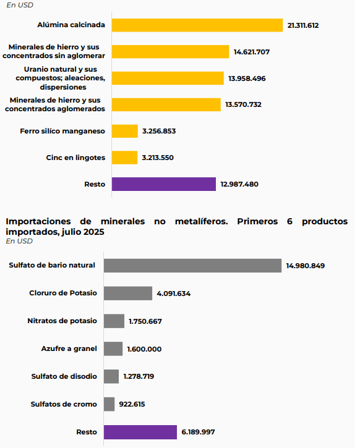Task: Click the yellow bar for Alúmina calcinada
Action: click(197, 25)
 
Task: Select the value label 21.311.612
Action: click(307, 25)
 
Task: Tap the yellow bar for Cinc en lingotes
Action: click(125, 158)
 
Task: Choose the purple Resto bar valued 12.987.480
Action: click(164, 184)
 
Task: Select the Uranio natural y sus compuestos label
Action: click(64, 78)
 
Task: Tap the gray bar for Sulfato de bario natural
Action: click(192, 265)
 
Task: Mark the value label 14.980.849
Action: click(305, 266)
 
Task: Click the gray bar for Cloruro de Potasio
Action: click(128, 293)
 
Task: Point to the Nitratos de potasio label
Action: click(62, 321)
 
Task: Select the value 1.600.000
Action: click(144, 349)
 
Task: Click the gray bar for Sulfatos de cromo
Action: click(109, 404)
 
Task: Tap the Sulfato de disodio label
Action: click(64, 376)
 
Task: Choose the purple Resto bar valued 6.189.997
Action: click(140, 432)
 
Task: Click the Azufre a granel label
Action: click(69, 349)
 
